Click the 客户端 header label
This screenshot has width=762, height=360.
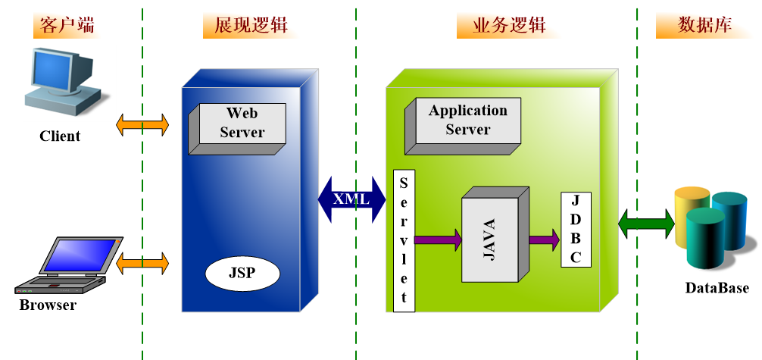pos(68,25)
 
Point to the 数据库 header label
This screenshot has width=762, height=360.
pos(704,25)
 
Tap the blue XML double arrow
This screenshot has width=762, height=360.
pos(352,199)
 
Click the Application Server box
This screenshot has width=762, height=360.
pos(467,121)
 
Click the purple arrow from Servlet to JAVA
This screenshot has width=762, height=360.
pos(438,240)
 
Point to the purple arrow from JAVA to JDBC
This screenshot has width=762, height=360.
pos(544,240)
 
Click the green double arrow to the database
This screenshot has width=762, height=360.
pos(645,223)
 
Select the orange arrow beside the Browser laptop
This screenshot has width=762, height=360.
pos(142,264)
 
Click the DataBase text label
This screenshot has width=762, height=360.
pos(717,288)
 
